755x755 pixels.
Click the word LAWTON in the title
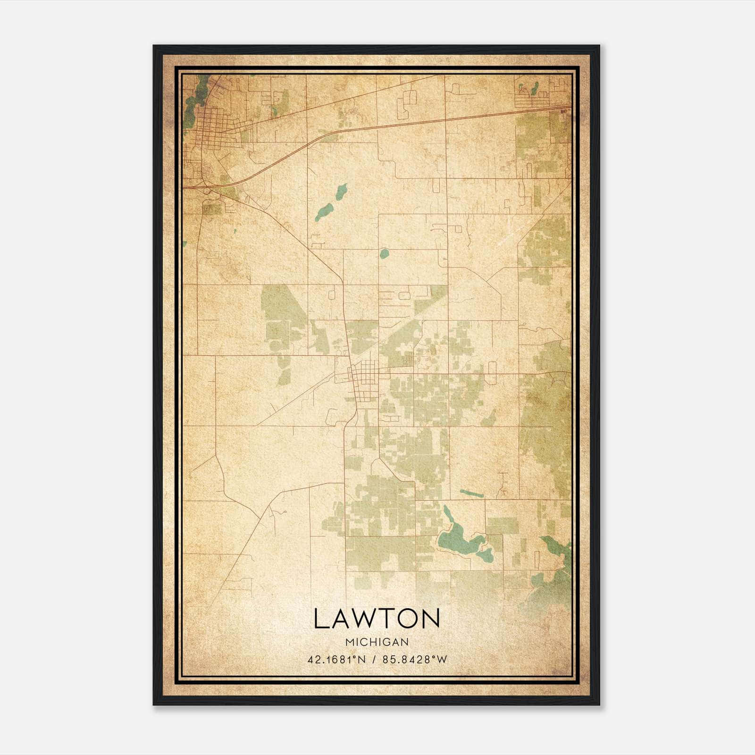[377, 619]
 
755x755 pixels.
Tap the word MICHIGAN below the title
[377, 642]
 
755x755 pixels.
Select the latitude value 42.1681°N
[336, 660]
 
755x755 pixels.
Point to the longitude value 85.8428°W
[414, 660]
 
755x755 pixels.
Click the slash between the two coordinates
[374, 660]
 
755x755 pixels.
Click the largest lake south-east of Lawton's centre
[460, 543]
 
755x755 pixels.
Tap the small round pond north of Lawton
[384, 254]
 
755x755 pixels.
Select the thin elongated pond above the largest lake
[471, 494]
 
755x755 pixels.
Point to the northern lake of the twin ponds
[341, 192]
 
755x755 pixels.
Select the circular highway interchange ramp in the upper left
[207, 190]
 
